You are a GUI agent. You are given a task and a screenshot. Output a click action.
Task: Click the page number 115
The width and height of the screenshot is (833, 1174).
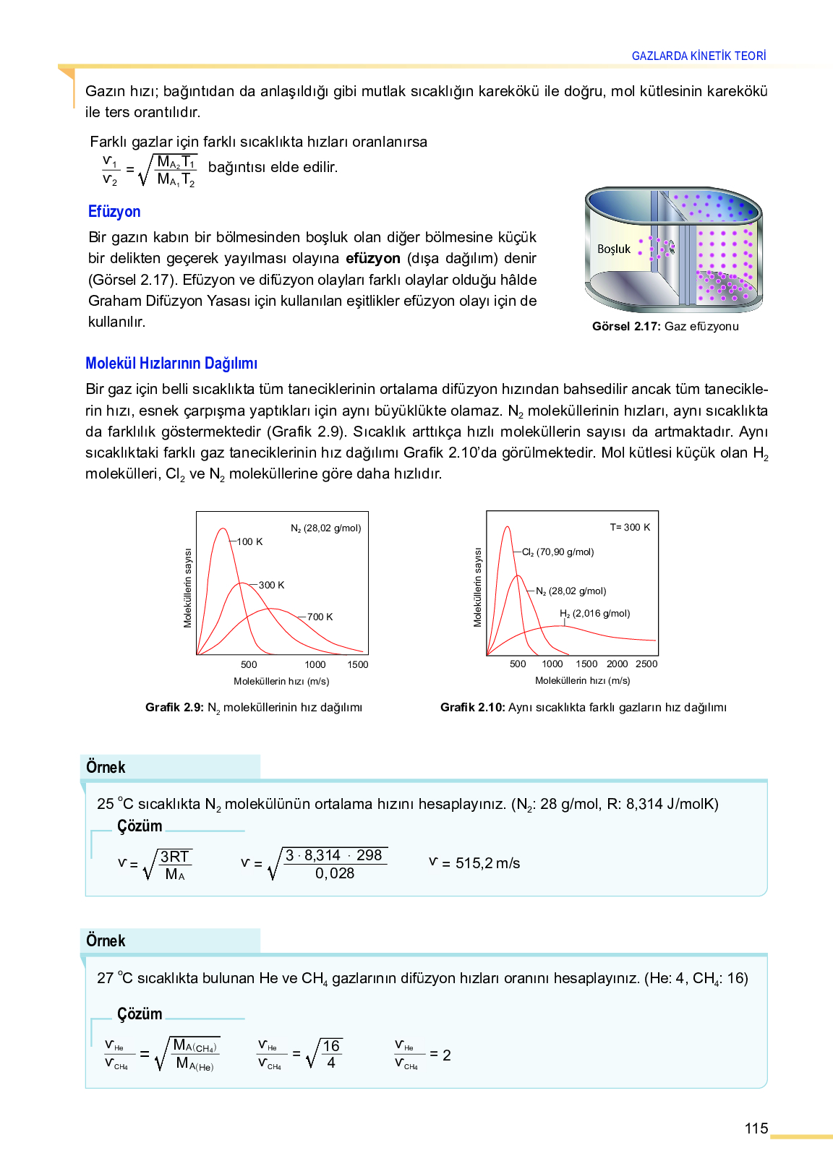[756, 1128]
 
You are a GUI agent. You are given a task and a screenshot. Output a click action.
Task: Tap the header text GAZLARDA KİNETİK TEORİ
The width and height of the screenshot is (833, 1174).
[699, 56]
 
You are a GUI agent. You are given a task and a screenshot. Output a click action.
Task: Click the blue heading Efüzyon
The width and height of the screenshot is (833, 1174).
[114, 212]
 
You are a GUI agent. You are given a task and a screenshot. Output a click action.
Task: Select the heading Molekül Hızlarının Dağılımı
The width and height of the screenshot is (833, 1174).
[171, 364]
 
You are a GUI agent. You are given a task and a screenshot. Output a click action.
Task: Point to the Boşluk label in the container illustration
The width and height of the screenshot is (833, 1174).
[614, 249]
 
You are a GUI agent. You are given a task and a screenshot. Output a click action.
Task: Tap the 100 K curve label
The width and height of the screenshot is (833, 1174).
[250, 541]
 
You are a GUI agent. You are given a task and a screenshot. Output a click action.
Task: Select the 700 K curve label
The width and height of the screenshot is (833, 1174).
[320, 617]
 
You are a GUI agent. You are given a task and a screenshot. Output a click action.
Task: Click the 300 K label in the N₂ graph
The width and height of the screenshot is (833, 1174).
[271, 585]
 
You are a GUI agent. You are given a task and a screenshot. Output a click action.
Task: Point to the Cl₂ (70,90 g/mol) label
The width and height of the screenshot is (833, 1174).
[558, 552]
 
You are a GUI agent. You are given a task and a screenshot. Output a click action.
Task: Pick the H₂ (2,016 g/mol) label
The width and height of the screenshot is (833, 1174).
[595, 613]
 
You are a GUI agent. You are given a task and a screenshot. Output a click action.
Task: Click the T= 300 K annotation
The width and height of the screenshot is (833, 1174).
[630, 527]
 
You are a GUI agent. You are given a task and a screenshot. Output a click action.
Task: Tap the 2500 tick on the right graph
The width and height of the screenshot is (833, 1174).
[646, 664]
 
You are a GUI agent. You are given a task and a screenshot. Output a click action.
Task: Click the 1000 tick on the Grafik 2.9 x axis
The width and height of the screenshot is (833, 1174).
[315, 664]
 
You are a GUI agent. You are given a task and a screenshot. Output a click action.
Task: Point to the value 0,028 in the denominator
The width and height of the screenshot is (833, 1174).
[335, 873]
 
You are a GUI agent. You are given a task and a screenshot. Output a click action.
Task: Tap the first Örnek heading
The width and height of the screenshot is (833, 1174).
[106, 767]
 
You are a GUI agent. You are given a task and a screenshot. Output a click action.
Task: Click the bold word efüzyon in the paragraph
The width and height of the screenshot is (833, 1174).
[373, 258]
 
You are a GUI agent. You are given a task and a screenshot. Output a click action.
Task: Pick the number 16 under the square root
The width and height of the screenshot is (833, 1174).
[331, 1046]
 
